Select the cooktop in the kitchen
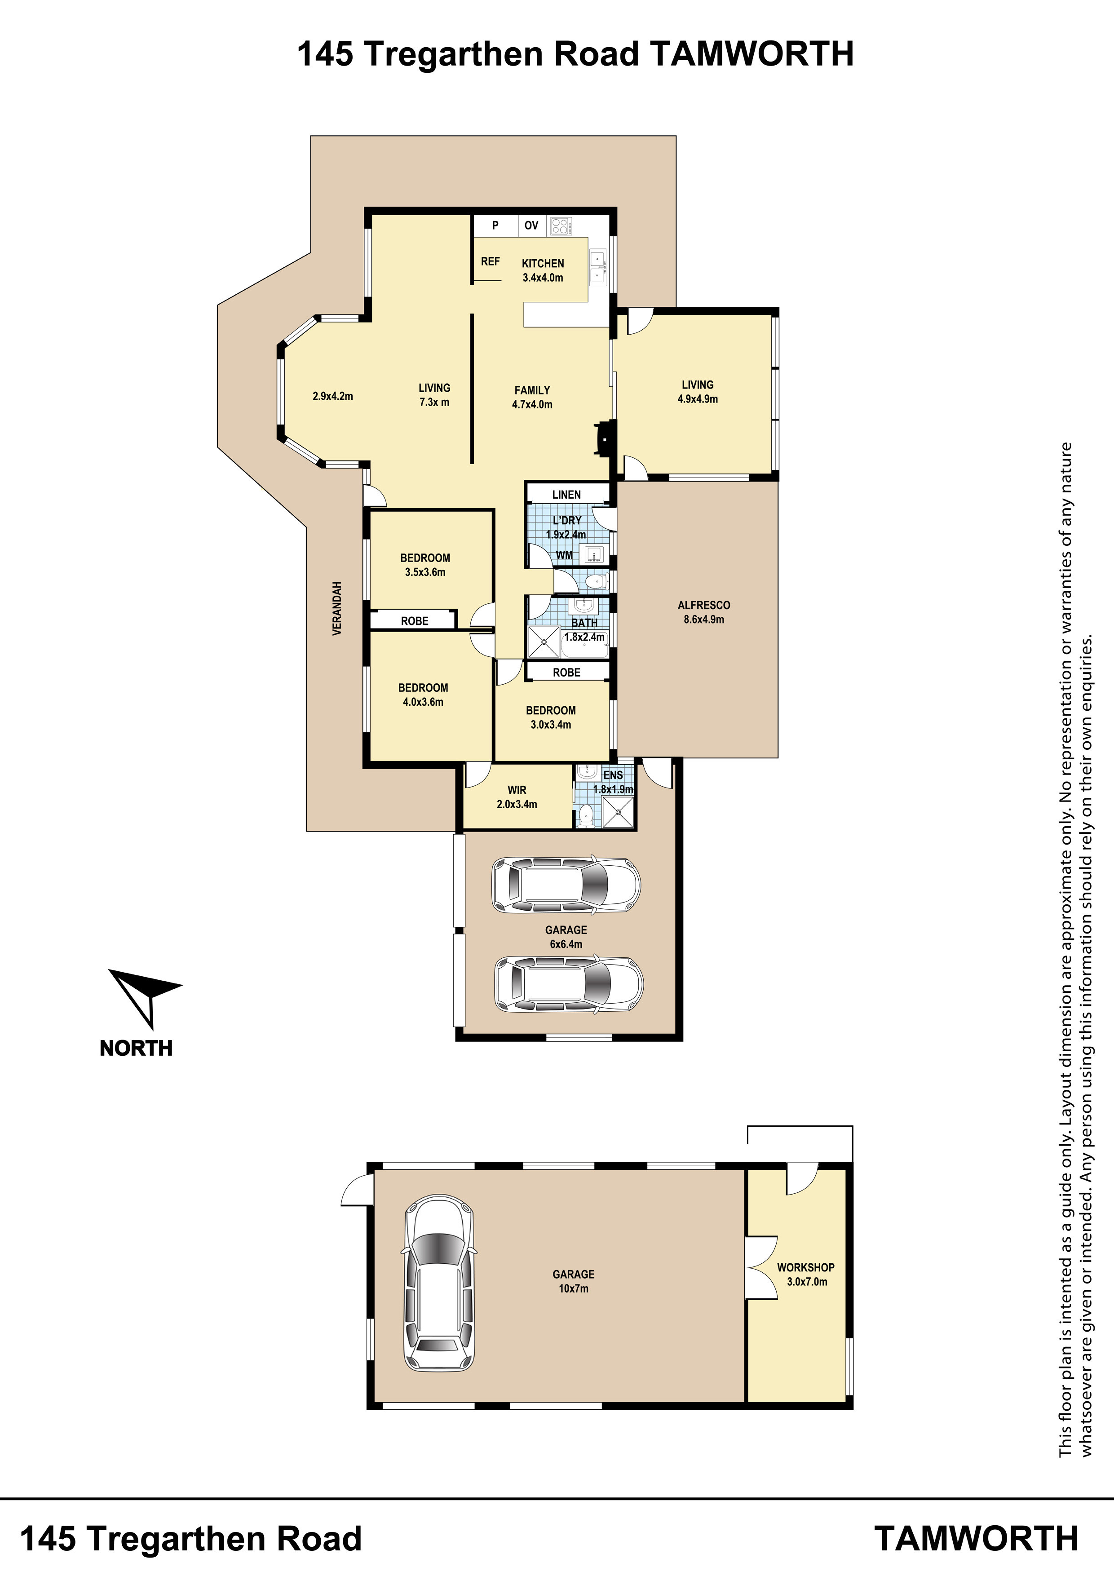tap(561, 226)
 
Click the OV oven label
tap(531, 225)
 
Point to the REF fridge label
tap(490, 261)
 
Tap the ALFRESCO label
tap(703, 606)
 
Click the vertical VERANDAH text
tap(337, 609)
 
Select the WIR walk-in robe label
tap(517, 790)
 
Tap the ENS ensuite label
tap(613, 775)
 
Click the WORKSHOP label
tap(806, 1267)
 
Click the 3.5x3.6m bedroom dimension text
tap(425, 572)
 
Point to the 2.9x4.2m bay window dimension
tap(332, 396)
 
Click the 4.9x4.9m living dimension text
tap(697, 399)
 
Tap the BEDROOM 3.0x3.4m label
tap(550, 717)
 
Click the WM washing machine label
tap(564, 555)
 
